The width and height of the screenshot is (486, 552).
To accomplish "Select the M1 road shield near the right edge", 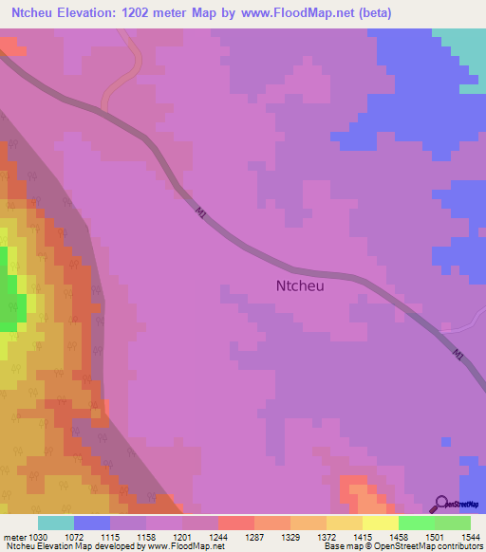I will tap(458, 355).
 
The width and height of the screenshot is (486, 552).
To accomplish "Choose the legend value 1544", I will tap(470, 536).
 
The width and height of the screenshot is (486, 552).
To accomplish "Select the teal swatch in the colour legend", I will tap(56, 523).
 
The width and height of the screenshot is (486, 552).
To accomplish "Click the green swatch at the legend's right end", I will tap(452, 523).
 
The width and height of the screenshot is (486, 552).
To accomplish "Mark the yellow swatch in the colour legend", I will tap(380, 523).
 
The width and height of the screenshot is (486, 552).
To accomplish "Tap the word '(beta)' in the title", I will tap(345, 12).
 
